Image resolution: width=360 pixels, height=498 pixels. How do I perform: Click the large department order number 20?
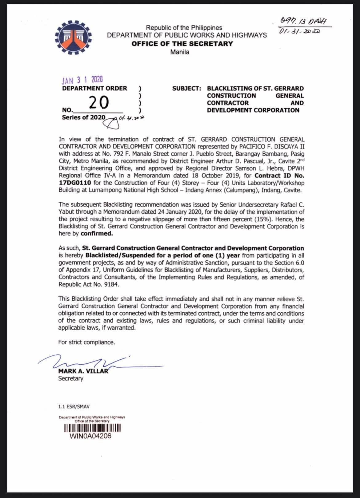[x=99, y=102]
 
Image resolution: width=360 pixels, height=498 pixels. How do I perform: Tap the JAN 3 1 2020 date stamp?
[x=82, y=80]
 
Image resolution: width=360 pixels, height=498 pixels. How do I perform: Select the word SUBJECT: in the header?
[x=187, y=89]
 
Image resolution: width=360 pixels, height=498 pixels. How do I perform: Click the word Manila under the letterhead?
[x=180, y=52]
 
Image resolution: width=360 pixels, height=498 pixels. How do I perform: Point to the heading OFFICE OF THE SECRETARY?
[x=182, y=44]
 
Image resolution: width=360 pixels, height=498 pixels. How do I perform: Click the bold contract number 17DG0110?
[x=74, y=183]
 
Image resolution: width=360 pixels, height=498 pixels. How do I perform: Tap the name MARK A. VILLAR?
[x=83, y=371]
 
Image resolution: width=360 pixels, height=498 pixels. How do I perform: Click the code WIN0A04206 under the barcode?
[x=91, y=436]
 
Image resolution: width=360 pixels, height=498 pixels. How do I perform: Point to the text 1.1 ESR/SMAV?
[x=74, y=407]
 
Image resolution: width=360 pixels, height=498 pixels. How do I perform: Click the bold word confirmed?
[x=97, y=233]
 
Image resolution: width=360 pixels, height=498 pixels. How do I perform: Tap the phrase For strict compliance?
[x=86, y=342]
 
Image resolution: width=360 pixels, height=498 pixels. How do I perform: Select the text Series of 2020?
[x=83, y=117]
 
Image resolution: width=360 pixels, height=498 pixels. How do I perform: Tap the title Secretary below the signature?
[x=70, y=378]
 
